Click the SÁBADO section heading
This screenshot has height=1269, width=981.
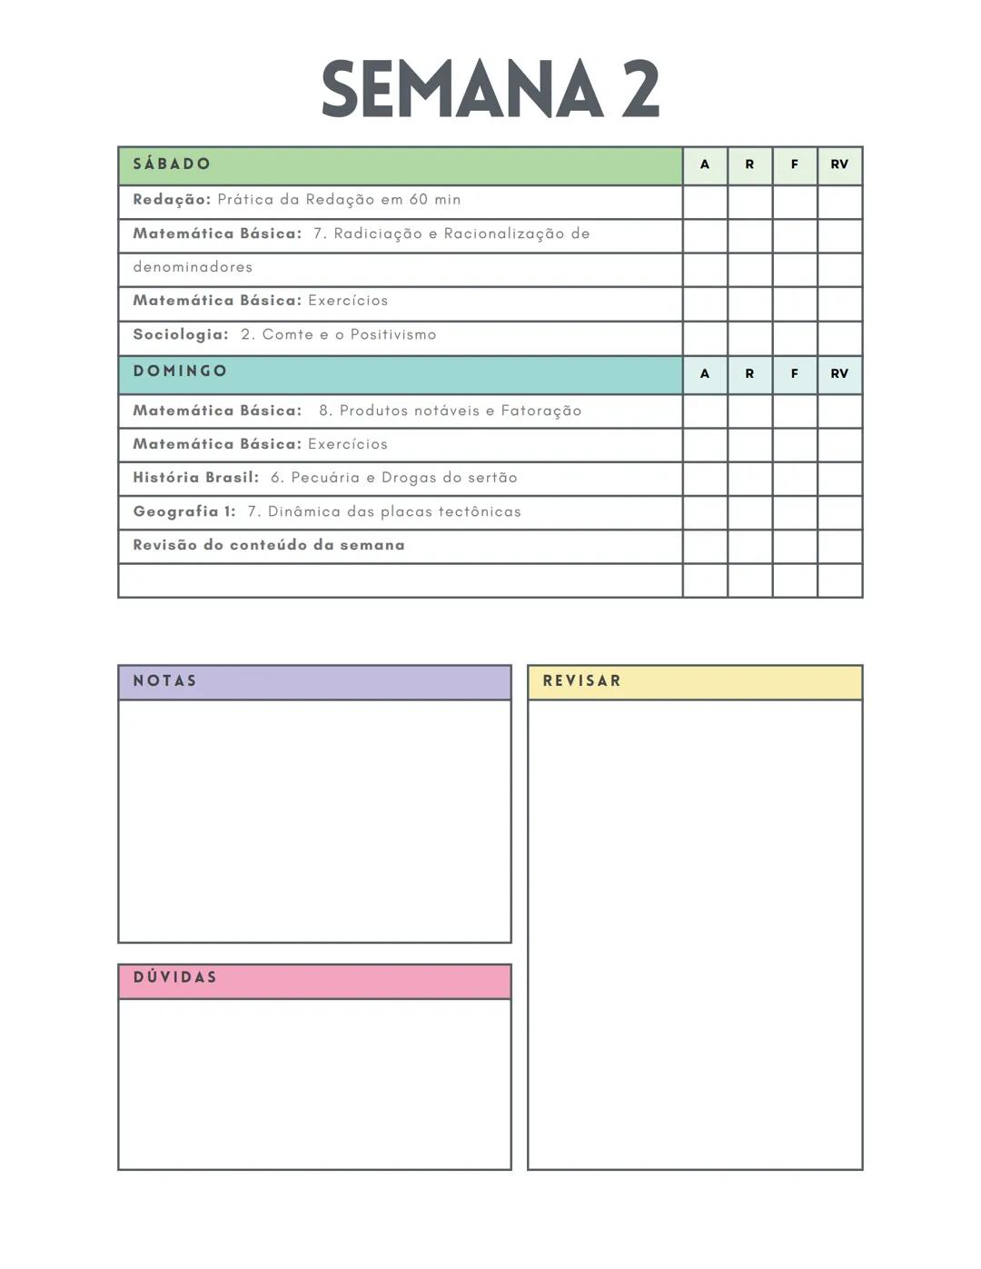[x=172, y=164]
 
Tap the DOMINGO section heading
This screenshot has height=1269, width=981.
[x=180, y=372]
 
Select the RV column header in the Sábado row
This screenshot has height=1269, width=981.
[x=839, y=164]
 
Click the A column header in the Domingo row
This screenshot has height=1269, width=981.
[x=705, y=373]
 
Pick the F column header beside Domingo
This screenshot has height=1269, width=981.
[x=795, y=373]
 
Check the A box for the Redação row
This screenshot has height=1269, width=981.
[x=705, y=202]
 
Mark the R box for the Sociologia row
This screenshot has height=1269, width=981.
[x=749, y=337]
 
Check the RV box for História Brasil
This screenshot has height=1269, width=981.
[x=839, y=479]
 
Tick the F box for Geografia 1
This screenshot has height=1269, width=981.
[x=795, y=512]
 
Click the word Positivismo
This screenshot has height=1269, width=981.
[x=393, y=334]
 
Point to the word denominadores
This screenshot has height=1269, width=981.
[x=193, y=267]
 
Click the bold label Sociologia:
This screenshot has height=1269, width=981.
[x=181, y=334]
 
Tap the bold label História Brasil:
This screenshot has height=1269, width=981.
[x=195, y=478]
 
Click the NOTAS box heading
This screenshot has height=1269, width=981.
[x=164, y=681]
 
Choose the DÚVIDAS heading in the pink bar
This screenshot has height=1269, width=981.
[x=175, y=977]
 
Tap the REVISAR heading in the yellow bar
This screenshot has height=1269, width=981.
[x=581, y=681]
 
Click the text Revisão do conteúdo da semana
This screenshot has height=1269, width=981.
[x=269, y=545]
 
